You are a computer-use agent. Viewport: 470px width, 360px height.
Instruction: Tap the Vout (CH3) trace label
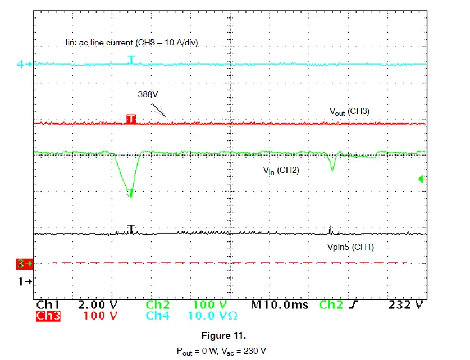(x=349, y=112)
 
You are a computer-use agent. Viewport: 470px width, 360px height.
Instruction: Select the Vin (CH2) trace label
(x=281, y=170)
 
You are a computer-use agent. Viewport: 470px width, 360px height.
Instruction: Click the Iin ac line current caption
(x=132, y=43)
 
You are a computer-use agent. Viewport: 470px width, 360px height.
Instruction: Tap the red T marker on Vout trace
(x=131, y=119)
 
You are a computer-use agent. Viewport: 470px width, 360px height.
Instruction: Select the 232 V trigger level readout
(x=405, y=305)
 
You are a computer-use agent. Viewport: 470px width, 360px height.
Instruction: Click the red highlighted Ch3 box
(x=48, y=316)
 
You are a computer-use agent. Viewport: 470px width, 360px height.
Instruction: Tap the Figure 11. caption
(x=223, y=336)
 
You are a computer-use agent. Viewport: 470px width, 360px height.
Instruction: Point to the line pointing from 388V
(x=159, y=110)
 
